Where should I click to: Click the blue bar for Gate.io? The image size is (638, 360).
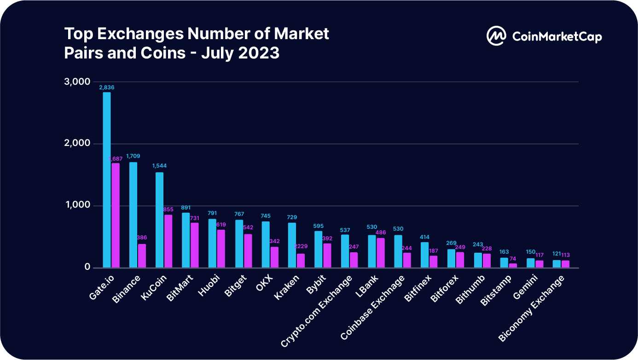pyautogui.click(x=106, y=180)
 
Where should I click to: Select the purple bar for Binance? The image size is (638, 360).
pyautogui.click(x=142, y=255)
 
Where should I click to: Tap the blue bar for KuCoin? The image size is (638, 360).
pyautogui.click(x=159, y=220)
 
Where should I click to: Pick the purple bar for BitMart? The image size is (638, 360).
pyautogui.click(x=195, y=245)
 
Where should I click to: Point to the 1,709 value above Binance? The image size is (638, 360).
pyautogui.click(x=133, y=157)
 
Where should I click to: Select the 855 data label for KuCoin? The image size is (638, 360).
pyautogui.click(x=168, y=209)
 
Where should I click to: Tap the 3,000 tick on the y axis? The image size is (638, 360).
pyautogui.click(x=76, y=82)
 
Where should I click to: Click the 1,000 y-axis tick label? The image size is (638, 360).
pyautogui.click(x=76, y=205)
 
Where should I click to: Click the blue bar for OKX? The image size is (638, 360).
pyautogui.click(x=266, y=244)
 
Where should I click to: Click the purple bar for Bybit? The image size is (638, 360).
pyautogui.click(x=327, y=255)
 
